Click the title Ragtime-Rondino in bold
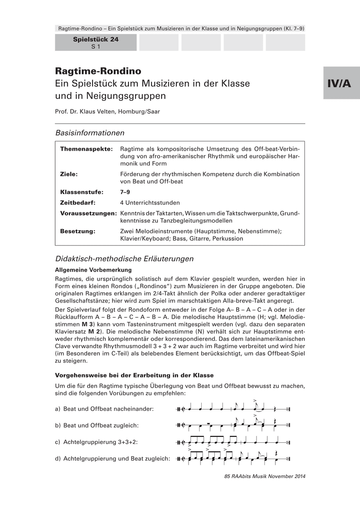point(98,71)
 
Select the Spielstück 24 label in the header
point(96,40)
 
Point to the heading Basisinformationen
point(90,133)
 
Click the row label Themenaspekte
point(86,149)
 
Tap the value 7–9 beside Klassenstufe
point(125,192)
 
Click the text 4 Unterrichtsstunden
point(150,202)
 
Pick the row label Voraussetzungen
point(88,213)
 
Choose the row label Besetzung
point(78,231)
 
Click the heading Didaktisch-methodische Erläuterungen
point(124,258)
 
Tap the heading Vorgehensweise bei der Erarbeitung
point(134,375)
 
